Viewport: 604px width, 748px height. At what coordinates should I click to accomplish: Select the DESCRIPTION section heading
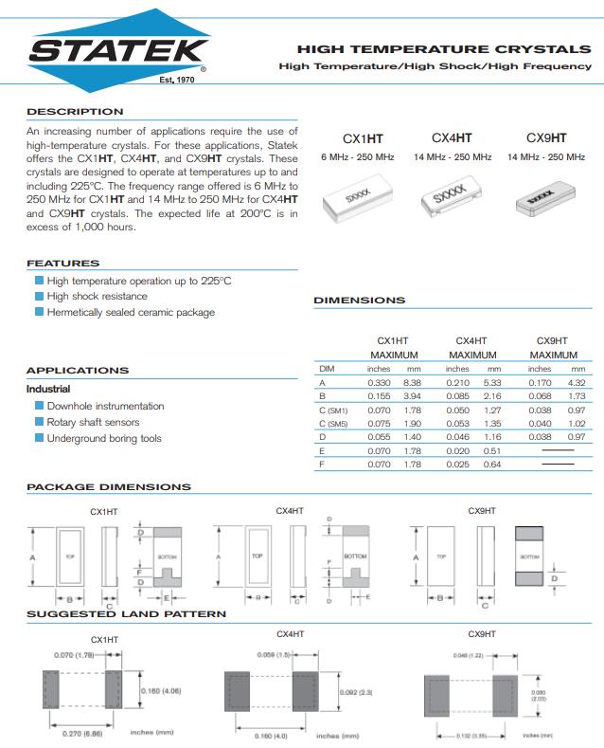tap(75, 112)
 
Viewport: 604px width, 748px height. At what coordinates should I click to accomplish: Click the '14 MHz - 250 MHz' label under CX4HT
tap(453, 157)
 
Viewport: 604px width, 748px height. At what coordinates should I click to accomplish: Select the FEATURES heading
tap(62, 264)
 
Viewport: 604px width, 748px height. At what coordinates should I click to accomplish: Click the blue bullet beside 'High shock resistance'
tap(39, 297)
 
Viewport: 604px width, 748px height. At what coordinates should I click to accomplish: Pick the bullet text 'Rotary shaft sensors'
tap(93, 423)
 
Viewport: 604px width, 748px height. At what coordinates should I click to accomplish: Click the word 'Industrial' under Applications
tap(48, 389)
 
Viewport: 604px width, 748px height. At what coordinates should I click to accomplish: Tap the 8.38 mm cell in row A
tap(412, 381)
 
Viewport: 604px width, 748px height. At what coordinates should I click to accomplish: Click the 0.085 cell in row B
tap(457, 395)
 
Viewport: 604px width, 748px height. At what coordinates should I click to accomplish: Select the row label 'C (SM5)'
tap(334, 423)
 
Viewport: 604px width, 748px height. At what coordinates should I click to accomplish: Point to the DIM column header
tap(328, 368)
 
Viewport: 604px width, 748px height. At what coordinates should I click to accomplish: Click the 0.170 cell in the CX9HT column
tap(540, 381)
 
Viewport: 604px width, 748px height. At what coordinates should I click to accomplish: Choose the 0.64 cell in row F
tap(492, 465)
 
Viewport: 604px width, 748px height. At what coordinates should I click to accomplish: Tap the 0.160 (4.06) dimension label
tap(161, 690)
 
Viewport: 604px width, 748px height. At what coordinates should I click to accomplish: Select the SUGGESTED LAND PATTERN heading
tap(126, 614)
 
